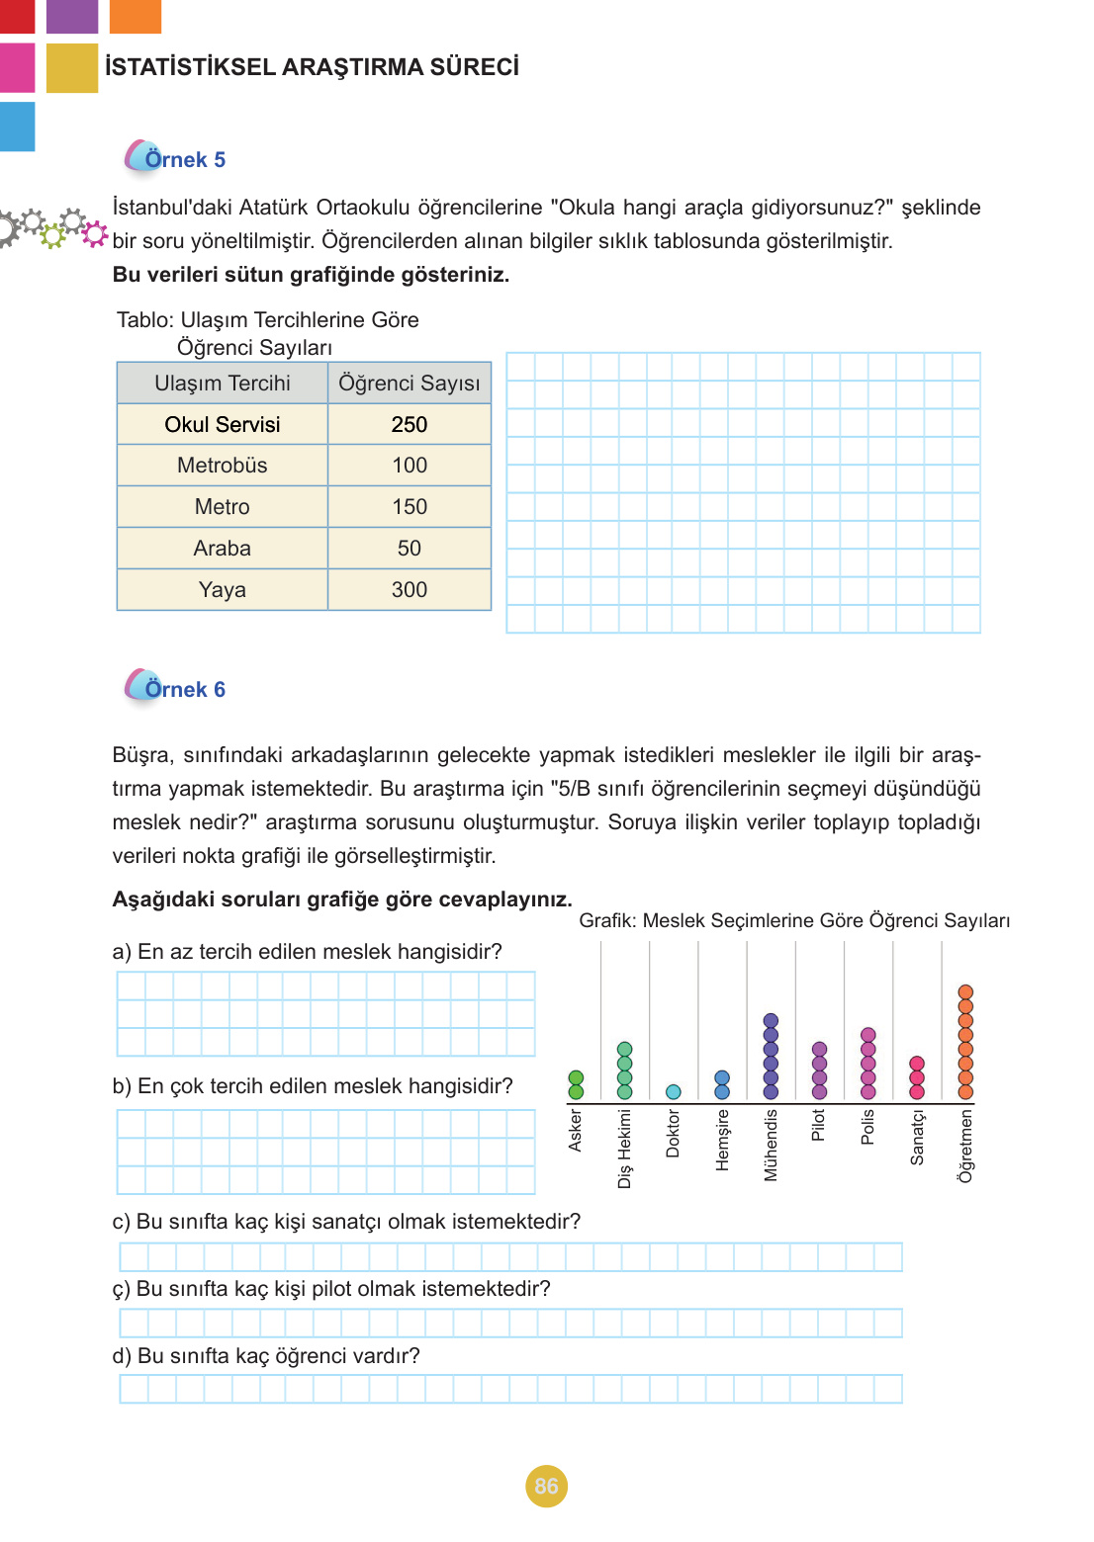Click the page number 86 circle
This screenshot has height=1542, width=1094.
546,1486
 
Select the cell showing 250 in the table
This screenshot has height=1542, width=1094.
410,424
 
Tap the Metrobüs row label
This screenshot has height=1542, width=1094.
223,466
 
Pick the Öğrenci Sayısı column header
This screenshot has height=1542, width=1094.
410,384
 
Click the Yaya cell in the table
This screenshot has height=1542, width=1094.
223,590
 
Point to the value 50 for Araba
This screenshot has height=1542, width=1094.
410,549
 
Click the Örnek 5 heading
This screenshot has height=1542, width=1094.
185,159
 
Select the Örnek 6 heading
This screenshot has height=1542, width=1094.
185,689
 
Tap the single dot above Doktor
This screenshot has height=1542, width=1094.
674,1091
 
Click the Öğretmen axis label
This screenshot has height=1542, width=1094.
966,1145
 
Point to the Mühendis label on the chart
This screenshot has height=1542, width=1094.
772,1145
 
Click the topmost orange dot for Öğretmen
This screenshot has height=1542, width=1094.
965,991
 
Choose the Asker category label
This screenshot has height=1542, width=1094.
576,1130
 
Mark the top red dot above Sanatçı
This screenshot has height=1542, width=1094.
917,1064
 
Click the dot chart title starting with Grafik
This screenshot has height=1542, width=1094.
794,920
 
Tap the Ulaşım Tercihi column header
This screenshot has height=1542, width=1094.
223,384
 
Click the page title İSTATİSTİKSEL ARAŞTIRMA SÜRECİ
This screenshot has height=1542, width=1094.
312,67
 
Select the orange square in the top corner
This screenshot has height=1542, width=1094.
135,16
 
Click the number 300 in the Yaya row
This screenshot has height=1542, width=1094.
410,590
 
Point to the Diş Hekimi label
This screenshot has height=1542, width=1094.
624,1148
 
